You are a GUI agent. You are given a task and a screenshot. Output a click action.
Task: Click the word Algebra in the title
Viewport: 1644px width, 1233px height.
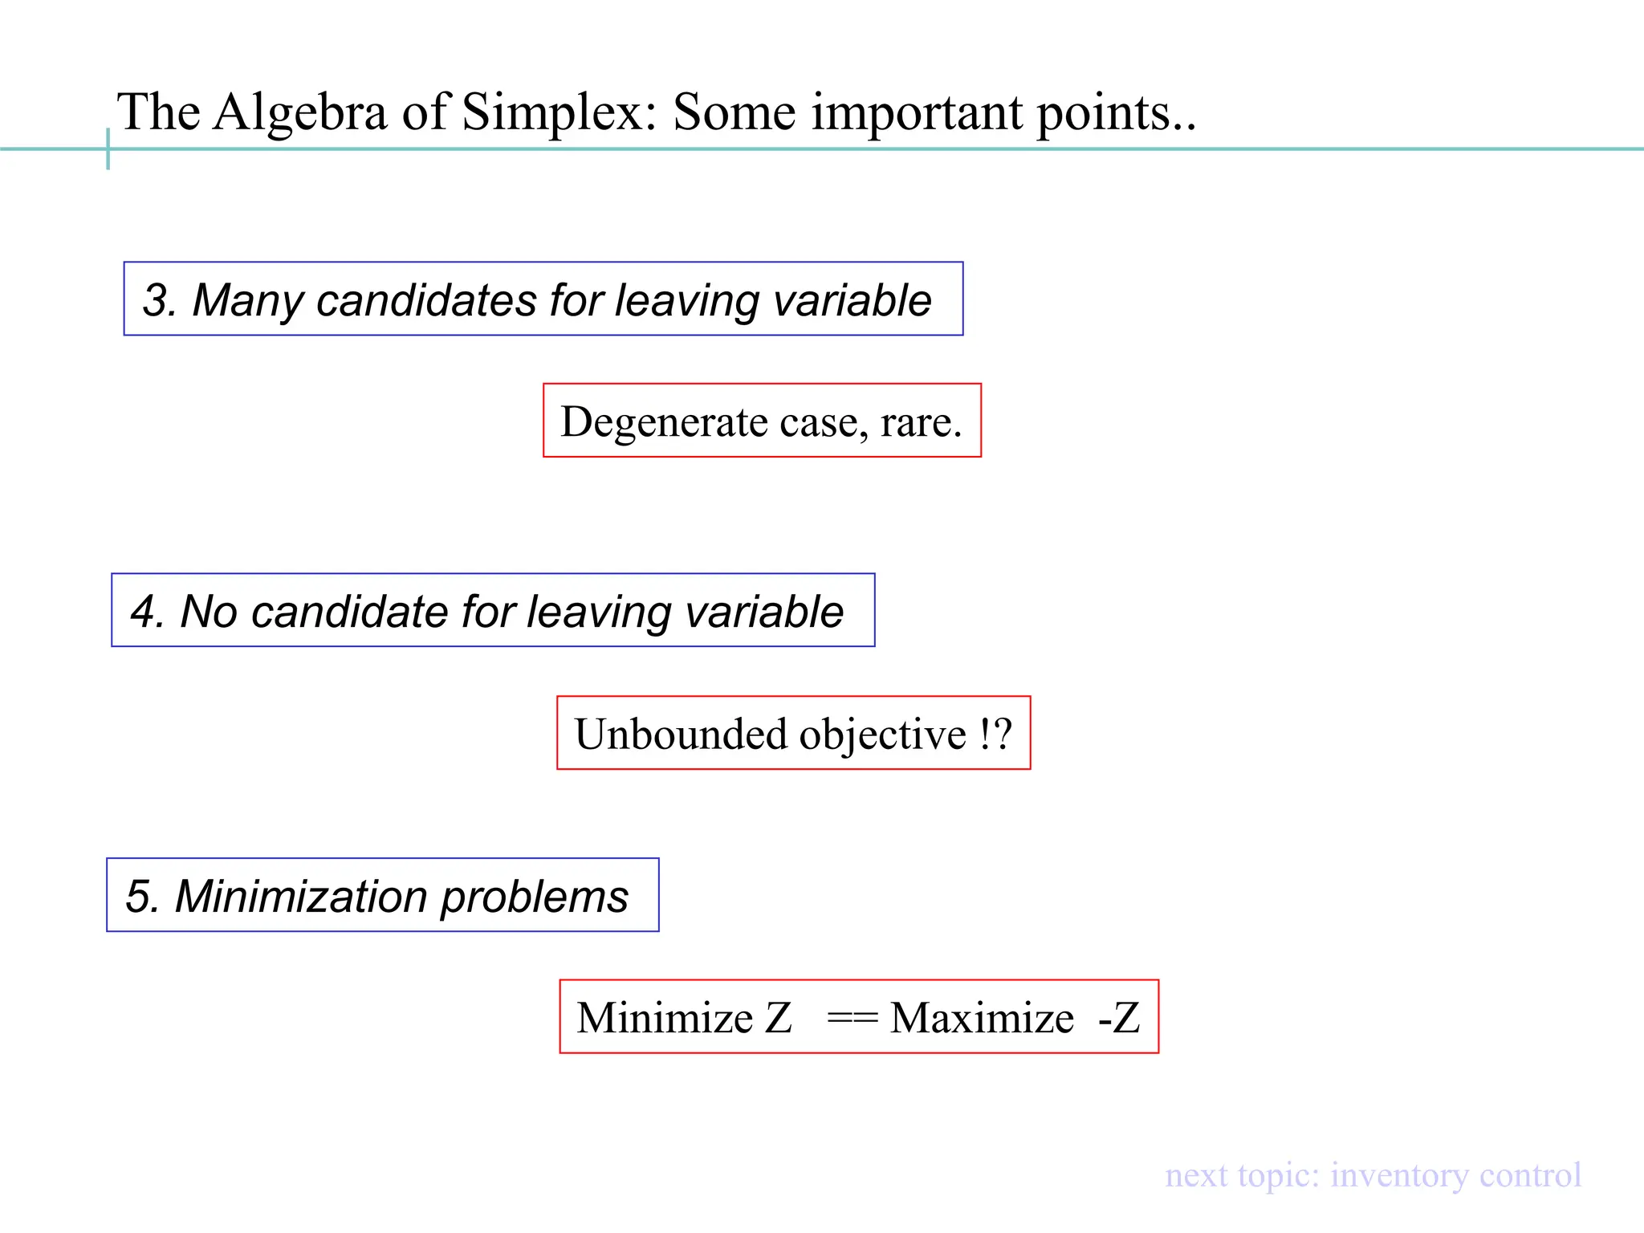[301, 112]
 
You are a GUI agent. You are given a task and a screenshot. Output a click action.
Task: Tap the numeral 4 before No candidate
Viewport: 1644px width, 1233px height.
[145, 612]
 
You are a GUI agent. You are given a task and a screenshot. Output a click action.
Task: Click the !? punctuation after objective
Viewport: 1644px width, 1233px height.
[995, 735]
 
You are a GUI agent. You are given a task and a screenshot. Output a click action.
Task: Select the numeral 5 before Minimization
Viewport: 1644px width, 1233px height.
[140, 897]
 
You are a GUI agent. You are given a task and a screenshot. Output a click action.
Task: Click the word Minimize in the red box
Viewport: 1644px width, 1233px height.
[665, 1018]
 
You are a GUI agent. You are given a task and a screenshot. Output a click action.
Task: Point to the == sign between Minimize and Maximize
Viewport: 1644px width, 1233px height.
[853, 1018]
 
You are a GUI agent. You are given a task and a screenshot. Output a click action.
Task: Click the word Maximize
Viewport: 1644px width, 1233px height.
[982, 1018]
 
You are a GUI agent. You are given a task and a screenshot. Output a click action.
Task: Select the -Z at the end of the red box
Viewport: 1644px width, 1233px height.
[1119, 1018]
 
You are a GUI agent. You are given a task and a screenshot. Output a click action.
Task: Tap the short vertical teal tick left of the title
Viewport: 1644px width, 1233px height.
[108, 149]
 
